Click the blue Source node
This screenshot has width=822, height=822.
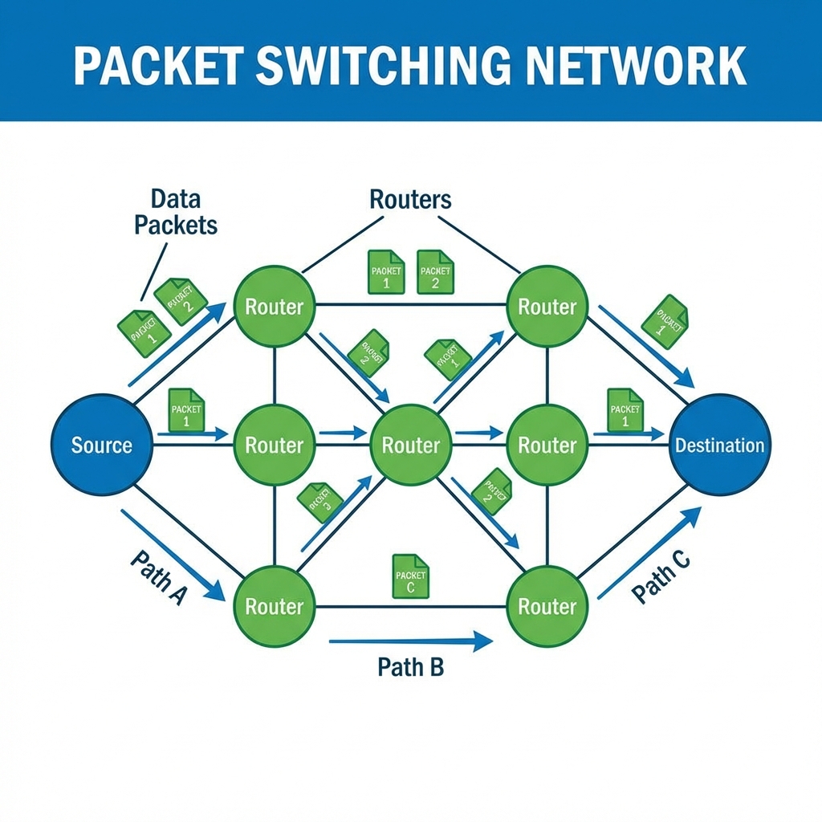[102, 445]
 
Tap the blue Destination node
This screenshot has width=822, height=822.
[719, 445]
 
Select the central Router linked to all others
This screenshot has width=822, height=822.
[410, 445]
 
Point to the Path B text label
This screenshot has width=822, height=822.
[410, 666]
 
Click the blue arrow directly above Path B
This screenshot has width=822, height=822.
[410, 641]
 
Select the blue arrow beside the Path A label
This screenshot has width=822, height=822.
[173, 555]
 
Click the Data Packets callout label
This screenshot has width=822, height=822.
[176, 211]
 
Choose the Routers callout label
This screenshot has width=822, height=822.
[410, 199]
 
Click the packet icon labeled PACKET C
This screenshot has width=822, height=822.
[410, 576]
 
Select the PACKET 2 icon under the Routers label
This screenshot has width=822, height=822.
[435, 271]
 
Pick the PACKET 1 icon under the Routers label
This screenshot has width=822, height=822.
[385, 271]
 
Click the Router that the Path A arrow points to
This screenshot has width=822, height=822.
[274, 606]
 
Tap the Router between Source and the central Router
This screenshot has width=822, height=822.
[274, 445]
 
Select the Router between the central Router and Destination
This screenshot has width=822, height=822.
[547, 445]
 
